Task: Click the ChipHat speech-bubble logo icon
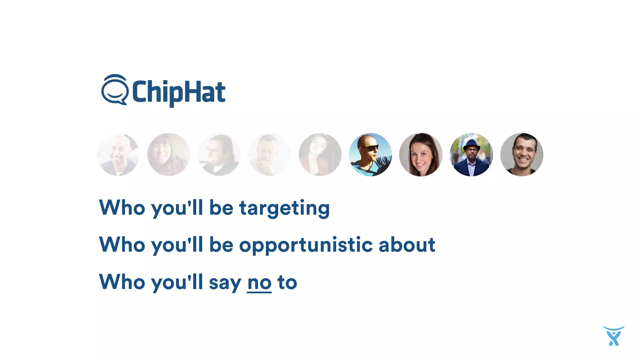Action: pos(114,90)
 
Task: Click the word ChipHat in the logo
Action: pos(178,92)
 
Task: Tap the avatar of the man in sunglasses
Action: pos(370,155)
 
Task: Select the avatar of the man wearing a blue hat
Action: pos(471,155)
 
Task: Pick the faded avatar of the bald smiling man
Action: pos(118,155)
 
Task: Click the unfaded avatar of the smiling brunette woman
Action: pos(421,155)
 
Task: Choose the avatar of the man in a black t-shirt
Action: pos(522,155)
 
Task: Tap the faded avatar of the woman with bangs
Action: pos(169,155)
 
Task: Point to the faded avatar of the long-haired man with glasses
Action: pos(219,155)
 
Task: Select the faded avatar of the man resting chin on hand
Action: pos(269,155)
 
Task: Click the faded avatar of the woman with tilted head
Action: pos(320,155)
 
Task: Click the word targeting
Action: pos(284,208)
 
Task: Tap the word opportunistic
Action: pos(306,245)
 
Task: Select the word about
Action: pos(407,244)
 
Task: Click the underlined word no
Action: pos(259,282)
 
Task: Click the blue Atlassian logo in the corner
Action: pos(613,336)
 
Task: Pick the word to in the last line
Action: pos(287,282)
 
